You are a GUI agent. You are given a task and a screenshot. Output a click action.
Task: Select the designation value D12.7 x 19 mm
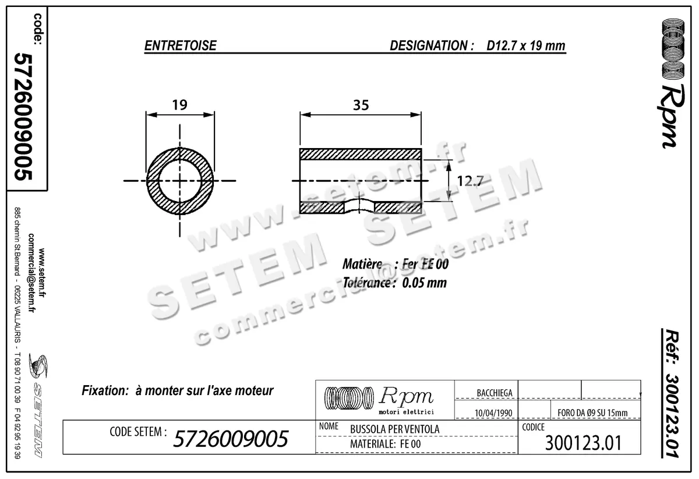(526, 46)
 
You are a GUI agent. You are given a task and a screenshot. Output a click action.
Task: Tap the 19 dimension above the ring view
(180, 105)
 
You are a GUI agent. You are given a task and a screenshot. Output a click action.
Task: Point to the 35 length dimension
(361, 105)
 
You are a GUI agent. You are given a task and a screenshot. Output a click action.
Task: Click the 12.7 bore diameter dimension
(469, 181)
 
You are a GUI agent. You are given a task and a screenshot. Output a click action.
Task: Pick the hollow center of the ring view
(180, 181)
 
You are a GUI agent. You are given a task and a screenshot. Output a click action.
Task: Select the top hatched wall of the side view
(360, 154)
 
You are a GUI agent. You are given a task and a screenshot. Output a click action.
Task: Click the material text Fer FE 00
(425, 264)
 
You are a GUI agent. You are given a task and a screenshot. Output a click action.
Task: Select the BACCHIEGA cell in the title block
(494, 393)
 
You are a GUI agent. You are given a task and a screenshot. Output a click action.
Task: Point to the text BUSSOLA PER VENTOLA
(394, 429)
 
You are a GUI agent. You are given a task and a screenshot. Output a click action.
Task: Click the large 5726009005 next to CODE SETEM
(231, 439)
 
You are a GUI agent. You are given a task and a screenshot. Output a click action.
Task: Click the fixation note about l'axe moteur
(178, 390)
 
